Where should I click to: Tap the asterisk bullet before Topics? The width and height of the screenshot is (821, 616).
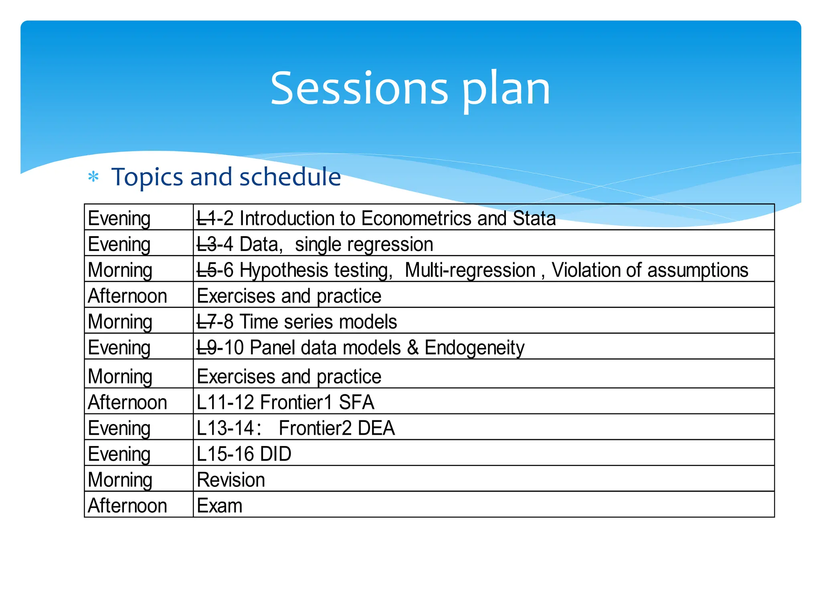(x=93, y=177)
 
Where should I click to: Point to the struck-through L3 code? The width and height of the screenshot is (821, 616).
(x=206, y=244)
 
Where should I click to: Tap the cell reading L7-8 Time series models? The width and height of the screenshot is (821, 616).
(x=297, y=322)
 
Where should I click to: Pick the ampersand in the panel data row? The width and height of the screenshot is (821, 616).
(x=413, y=348)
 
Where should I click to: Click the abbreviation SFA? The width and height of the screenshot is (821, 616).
(x=356, y=402)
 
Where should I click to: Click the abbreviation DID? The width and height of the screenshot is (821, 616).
(x=275, y=454)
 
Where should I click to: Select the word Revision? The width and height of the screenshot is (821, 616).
(x=231, y=480)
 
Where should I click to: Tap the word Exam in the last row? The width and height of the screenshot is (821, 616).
(x=220, y=506)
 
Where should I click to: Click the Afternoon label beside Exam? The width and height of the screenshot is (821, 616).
(x=127, y=506)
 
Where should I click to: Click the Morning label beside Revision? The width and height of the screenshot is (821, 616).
(x=120, y=480)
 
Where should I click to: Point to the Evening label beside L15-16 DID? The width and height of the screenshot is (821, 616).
(x=119, y=454)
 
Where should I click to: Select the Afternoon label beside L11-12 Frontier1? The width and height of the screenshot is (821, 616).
(x=127, y=402)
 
